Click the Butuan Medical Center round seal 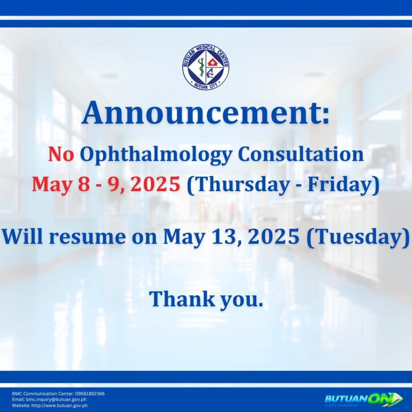click(x=206, y=66)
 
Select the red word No click(x=61, y=154)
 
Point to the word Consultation click(x=301, y=154)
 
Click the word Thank click(x=182, y=299)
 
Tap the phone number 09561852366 click(x=90, y=393)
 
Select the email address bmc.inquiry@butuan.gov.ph click(x=56, y=400)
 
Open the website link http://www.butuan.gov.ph click(x=60, y=406)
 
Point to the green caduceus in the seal click(x=201, y=67)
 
